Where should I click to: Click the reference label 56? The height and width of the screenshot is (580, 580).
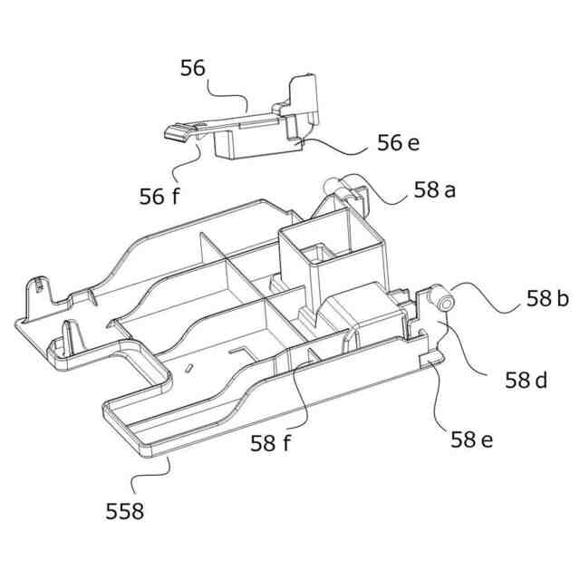pyautogui.click(x=193, y=68)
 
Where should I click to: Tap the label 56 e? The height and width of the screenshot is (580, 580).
pyautogui.click(x=398, y=143)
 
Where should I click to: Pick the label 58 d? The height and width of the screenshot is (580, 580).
pyautogui.click(x=526, y=381)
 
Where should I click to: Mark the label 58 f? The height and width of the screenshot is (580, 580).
pyautogui.click(x=272, y=443)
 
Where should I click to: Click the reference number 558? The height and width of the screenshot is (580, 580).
pyautogui.click(x=124, y=511)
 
